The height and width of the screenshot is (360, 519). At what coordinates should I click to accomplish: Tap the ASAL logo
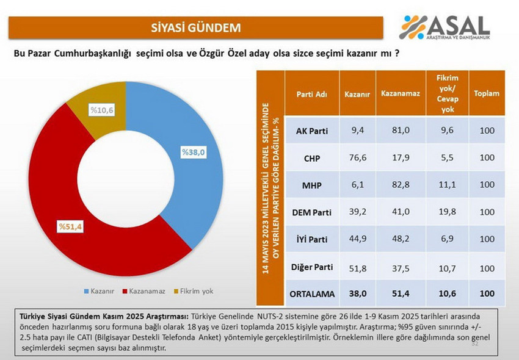(445, 27)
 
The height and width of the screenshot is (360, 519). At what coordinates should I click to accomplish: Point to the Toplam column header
(487, 94)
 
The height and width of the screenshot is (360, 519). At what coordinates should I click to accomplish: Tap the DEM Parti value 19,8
(447, 212)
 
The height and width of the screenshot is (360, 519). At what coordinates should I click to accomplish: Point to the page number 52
(475, 345)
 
